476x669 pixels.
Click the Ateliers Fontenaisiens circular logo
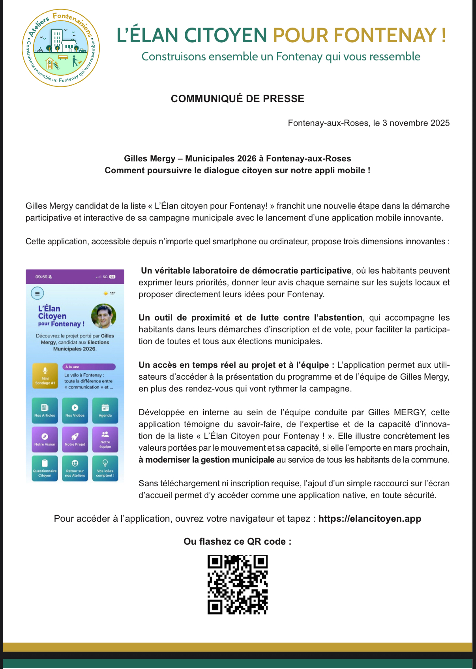point(61,48)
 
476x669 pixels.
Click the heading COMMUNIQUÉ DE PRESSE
point(237,99)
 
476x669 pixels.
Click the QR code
point(238,585)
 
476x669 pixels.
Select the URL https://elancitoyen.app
point(369,519)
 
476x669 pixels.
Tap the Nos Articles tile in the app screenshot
point(45,410)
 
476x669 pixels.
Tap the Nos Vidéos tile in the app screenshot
point(75,410)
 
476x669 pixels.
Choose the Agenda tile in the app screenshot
point(105,410)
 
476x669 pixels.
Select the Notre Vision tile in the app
point(45,439)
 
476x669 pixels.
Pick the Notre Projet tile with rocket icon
point(75,439)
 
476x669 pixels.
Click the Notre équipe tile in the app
point(105,439)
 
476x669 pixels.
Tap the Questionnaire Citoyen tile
point(45,468)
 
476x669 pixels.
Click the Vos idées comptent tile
point(105,468)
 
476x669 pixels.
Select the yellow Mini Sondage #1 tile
point(45,376)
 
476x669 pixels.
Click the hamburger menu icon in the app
point(37,293)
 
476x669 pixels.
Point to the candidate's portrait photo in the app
point(103,316)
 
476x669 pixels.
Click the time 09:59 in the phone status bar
point(41,277)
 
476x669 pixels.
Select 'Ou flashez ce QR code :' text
point(237,542)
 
